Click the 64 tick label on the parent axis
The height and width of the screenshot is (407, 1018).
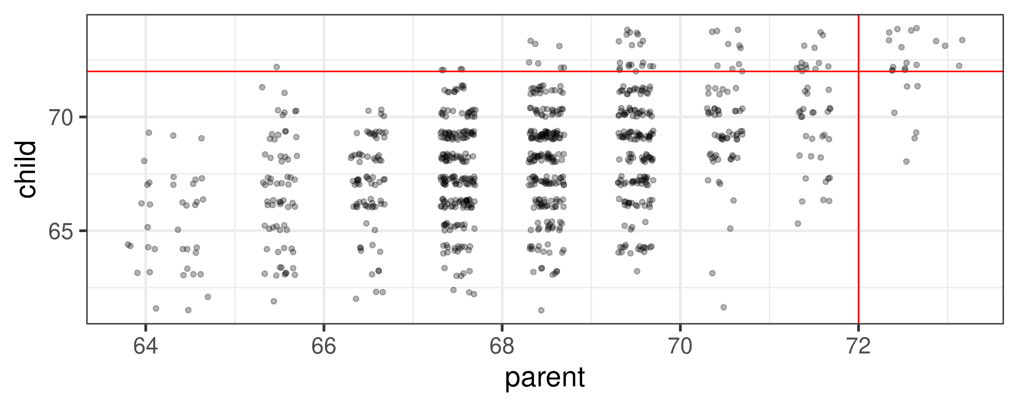point(145,346)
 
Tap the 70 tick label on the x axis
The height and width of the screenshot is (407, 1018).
point(680,346)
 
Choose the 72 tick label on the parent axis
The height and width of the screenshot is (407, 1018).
point(858,346)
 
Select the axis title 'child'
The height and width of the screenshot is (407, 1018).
point(27,169)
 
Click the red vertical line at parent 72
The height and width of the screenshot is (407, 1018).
point(858,212)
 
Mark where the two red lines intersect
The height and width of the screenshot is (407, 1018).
point(858,71)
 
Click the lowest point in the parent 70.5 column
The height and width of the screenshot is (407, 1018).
point(723,307)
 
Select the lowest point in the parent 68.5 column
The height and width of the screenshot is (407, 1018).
point(541,310)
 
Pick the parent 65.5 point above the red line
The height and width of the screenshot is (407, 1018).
point(276,67)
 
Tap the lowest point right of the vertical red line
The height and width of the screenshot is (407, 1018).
point(906,162)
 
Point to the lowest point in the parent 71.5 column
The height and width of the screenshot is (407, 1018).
point(797,224)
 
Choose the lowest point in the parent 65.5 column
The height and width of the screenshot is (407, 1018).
point(274,301)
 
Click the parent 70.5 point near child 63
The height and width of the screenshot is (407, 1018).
point(712,273)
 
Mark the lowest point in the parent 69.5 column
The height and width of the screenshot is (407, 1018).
point(637,271)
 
